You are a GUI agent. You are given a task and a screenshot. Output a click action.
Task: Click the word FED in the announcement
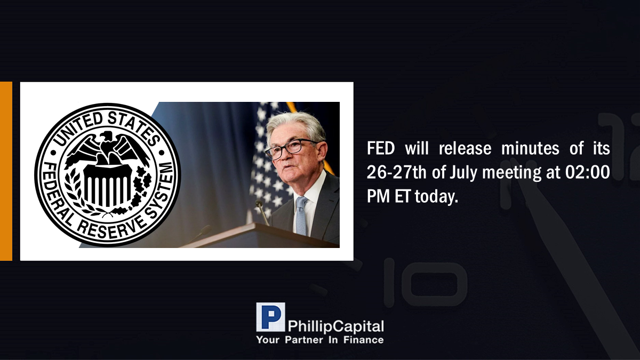tap(381, 148)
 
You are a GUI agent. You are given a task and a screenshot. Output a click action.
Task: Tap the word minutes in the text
tap(530, 148)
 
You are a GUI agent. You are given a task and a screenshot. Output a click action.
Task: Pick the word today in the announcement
tap(436, 197)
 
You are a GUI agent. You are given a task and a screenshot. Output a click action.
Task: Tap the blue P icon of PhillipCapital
tap(270, 317)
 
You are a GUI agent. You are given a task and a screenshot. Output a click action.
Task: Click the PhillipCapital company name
tap(335, 326)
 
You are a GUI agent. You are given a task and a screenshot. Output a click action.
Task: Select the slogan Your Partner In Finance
tap(320, 340)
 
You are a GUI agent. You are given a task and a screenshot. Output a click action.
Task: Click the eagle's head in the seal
tap(106, 136)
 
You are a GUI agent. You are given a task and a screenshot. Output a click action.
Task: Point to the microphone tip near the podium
tap(259, 204)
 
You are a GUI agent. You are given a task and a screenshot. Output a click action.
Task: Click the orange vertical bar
tap(6, 171)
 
